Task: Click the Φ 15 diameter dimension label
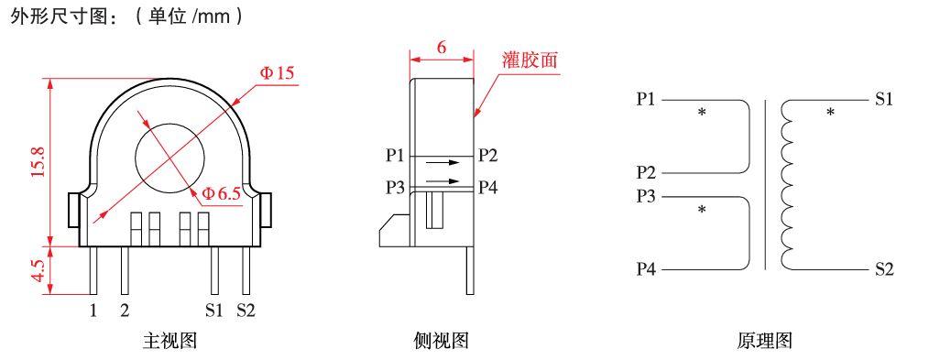[x=276, y=73]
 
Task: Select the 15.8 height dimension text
[x=39, y=162]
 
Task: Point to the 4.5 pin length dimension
[x=39, y=270]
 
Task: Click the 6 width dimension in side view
[x=442, y=48]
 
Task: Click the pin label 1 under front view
[x=93, y=311]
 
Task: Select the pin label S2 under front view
[x=246, y=311]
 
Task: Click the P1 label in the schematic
[x=646, y=99]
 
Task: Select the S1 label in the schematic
[x=884, y=99]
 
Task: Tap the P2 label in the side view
[x=488, y=155]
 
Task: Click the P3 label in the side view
[x=395, y=188]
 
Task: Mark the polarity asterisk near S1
[x=831, y=112]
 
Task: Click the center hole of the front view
[x=170, y=157]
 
